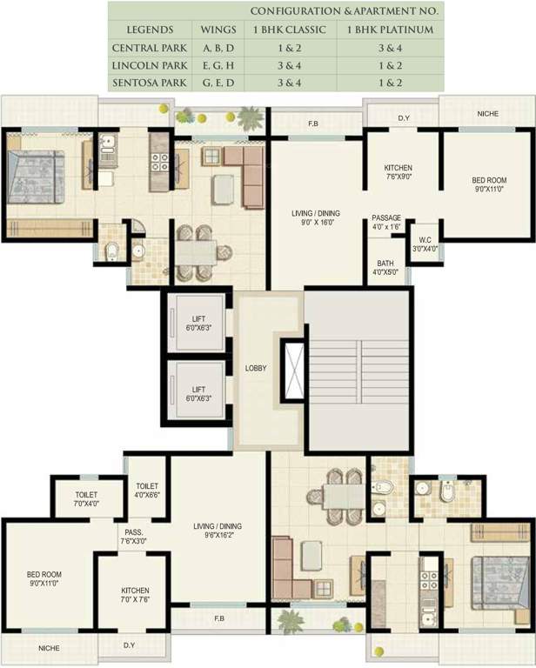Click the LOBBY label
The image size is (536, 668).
(x=256, y=368)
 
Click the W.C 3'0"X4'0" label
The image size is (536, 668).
(x=425, y=244)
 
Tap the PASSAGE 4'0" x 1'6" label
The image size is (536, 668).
(x=386, y=222)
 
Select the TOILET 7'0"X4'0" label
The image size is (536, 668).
(x=87, y=498)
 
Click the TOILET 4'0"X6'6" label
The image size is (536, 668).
(x=147, y=491)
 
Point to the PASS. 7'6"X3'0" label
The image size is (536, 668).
(x=133, y=536)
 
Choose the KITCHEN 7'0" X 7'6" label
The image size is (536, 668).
(x=135, y=595)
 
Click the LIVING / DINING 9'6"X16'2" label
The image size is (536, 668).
(x=218, y=531)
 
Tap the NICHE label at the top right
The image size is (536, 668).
(x=488, y=114)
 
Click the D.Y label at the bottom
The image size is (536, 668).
(x=129, y=645)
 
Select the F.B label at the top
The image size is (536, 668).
(x=314, y=124)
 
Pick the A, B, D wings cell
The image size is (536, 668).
(x=218, y=48)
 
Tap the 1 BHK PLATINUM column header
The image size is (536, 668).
(x=390, y=30)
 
